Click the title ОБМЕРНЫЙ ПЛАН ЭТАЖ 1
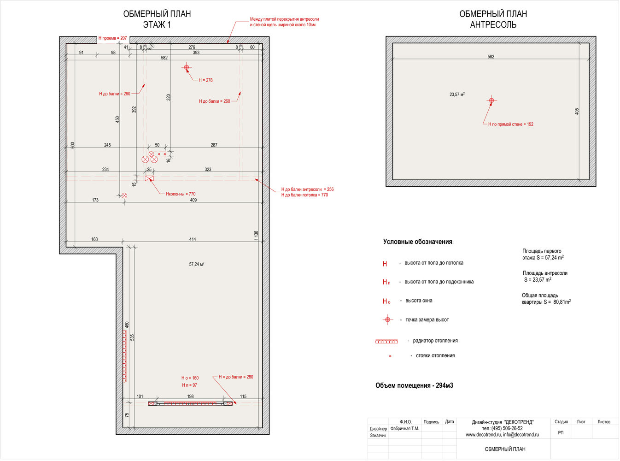point(157,19)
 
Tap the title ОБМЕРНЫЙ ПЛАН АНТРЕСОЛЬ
point(493,19)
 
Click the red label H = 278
point(205,80)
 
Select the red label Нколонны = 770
point(181,194)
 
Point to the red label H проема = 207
point(112,38)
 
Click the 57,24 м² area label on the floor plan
point(197,265)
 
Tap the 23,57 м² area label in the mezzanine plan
point(457,95)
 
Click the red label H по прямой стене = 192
point(511,124)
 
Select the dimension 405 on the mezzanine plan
point(577,111)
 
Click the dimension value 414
point(193,239)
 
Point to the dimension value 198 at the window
point(190,396)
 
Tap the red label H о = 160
point(190,378)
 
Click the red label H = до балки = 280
point(236,377)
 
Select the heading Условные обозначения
point(418,242)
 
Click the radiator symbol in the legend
point(386,341)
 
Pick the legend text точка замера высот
point(427,320)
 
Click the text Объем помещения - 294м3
point(414,385)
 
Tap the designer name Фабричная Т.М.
point(404,429)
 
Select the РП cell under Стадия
point(561,433)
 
